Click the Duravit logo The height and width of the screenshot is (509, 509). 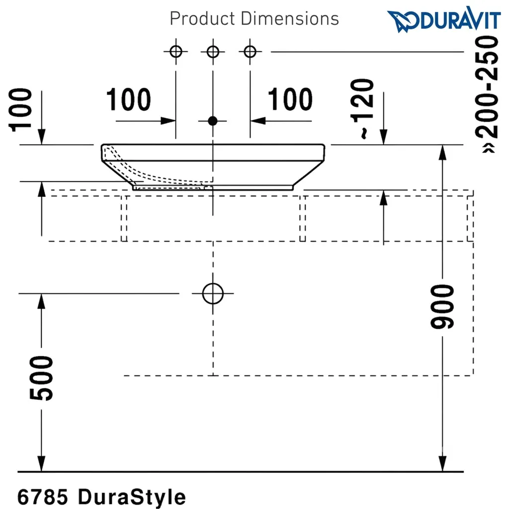443,19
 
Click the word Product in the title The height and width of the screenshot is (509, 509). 202,18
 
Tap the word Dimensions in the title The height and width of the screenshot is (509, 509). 290,18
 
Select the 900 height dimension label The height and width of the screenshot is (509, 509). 442,306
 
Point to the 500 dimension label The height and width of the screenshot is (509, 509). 41,378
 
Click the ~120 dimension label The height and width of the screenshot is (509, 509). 362,109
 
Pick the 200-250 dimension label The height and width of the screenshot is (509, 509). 487,94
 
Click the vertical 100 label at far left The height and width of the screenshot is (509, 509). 20,110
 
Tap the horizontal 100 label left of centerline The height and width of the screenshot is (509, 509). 129,99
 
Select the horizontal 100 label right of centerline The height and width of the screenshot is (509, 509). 290,99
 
